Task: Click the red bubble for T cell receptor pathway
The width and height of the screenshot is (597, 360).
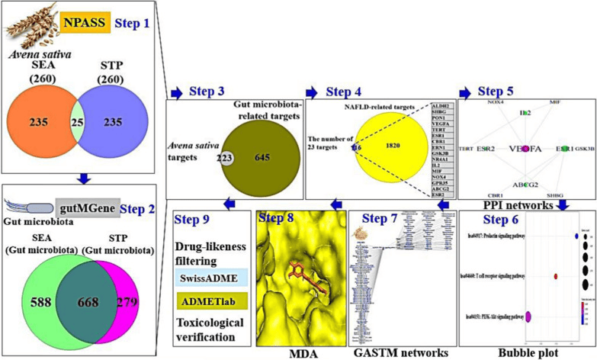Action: [x=555, y=276]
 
